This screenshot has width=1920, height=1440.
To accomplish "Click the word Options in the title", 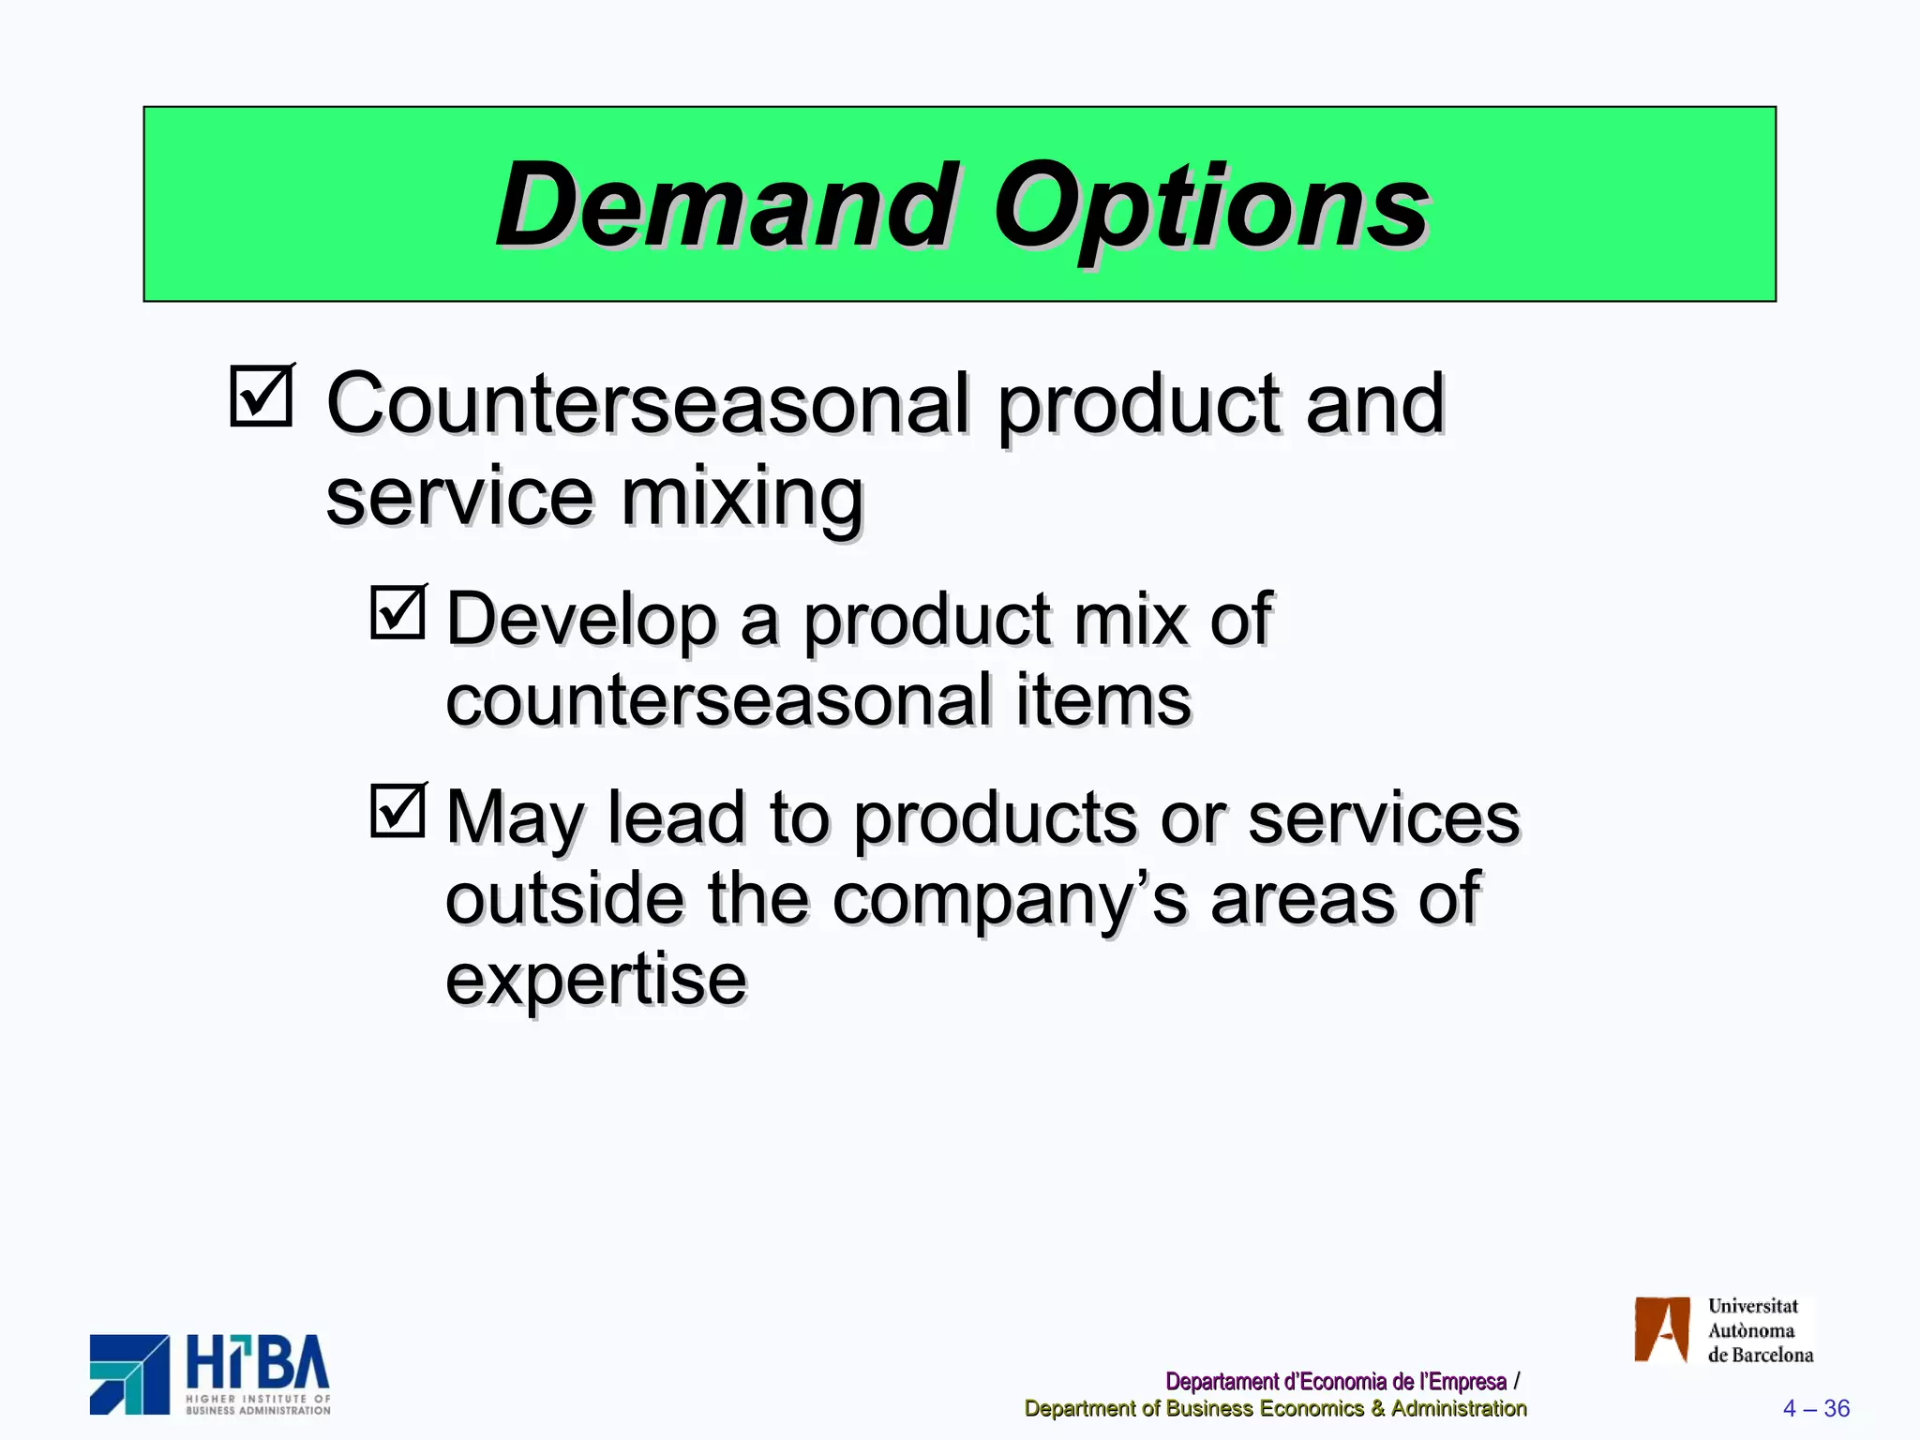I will click(x=1210, y=208).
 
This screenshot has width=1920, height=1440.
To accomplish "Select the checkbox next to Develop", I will click(x=397, y=612).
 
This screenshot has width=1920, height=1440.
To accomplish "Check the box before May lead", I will click(x=397, y=810).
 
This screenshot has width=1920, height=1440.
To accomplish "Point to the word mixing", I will click(x=742, y=497).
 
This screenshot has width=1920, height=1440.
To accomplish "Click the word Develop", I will click(x=581, y=620).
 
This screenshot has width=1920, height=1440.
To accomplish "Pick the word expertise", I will click(x=596, y=981).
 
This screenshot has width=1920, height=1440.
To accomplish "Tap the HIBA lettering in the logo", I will click(x=258, y=1363).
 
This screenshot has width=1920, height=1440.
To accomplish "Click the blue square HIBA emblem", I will click(x=129, y=1374).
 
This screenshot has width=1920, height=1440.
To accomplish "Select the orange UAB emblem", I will click(x=1661, y=1328).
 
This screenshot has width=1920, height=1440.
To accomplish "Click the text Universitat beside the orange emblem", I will click(x=1752, y=1306).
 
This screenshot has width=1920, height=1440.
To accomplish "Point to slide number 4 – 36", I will click(x=1816, y=1408).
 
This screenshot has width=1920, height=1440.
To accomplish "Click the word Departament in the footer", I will click(x=1222, y=1381).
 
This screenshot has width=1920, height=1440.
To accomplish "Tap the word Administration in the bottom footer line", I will click(x=1459, y=1408).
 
